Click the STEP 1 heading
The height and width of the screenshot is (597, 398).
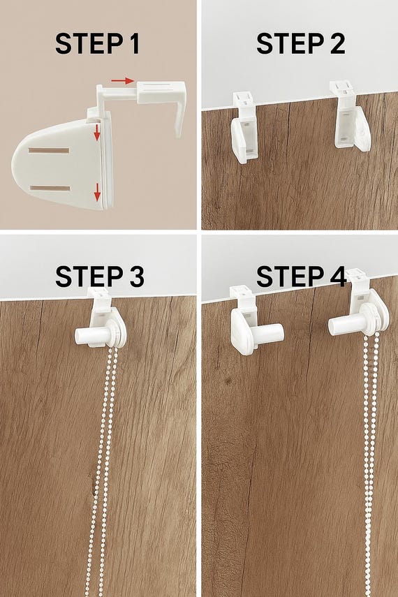(x=97, y=43)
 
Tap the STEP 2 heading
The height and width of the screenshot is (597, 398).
(x=300, y=43)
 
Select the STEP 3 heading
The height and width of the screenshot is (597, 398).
(x=100, y=276)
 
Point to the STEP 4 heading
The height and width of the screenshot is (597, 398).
(x=301, y=276)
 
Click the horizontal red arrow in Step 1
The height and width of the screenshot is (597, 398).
(x=123, y=81)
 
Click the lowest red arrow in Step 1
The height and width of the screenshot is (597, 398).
(x=98, y=192)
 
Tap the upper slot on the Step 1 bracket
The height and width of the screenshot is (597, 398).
(x=49, y=151)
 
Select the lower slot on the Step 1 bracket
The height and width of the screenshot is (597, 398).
(x=50, y=189)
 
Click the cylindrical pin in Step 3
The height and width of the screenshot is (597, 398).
(x=90, y=336)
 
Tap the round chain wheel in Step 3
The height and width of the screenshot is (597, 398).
(x=116, y=333)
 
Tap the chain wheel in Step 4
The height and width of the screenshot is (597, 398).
(x=374, y=320)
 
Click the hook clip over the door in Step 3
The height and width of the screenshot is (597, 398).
(x=100, y=301)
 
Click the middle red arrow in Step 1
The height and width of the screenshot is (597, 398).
(x=97, y=132)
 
